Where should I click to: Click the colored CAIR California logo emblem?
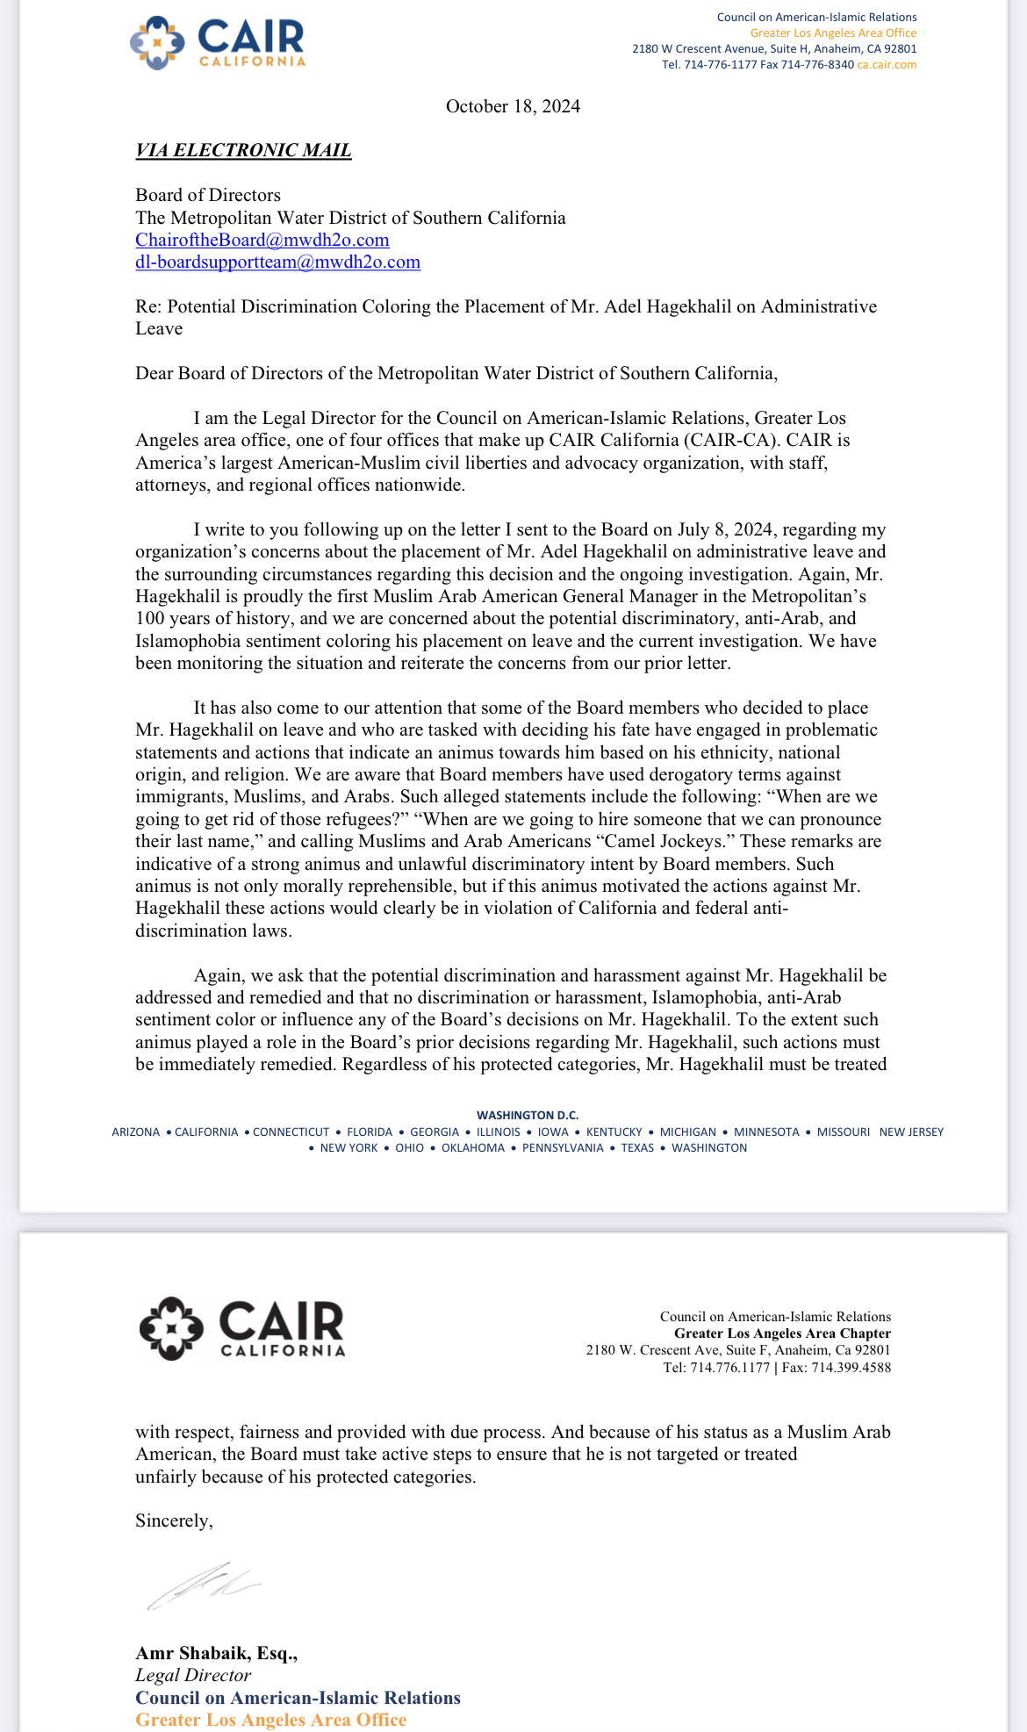pyautogui.click(x=156, y=42)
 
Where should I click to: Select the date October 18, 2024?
pyautogui.click(x=513, y=106)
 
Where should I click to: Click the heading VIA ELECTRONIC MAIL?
pyautogui.click(x=243, y=150)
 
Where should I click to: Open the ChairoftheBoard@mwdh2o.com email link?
pyautogui.click(x=262, y=240)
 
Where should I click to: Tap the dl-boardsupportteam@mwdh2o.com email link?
pyautogui.click(x=277, y=262)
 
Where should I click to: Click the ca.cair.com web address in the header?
pyautogui.click(x=887, y=65)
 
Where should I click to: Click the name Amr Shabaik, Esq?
pyautogui.click(x=216, y=1653)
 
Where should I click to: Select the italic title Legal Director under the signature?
pyautogui.click(x=193, y=1675)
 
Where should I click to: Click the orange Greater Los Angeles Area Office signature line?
pyautogui.click(x=270, y=1720)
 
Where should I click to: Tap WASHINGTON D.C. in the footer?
pyautogui.click(x=528, y=1115)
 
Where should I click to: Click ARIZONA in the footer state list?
pyautogui.click(x=136, y=1132)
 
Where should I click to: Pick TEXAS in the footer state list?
pyautogui.click(x=637, y=1148)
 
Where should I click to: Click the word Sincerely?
pyautogui.click(x=174, y=1520)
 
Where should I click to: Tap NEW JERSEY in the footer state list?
pyautogui.click(x=911, y=1132)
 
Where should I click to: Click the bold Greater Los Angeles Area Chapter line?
pyautogui.click(x=782, y=1333)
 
